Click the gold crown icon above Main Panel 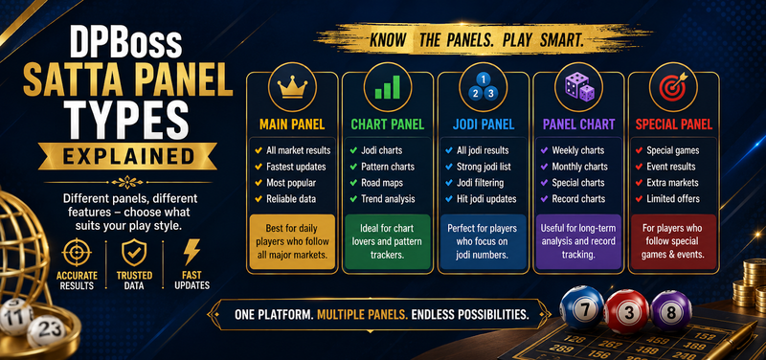pyautogui.click(x=292, y=88)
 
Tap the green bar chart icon pyautogui.click(x=388, y=87)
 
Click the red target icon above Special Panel pyautogui.click(x=675, y=86)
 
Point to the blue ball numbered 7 pyautogui.click(x=581, y=308)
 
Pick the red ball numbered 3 pyautogui.click(x=627, y=310)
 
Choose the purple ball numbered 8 pyautogui.click(x=671, y=310)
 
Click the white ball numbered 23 pyautogui.click(x=46, y=330)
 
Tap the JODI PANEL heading pyautogui.click(x=484, y=124)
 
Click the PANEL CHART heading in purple pyautogui.click(x=579, y=124)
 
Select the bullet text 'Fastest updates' pyautogui.click(x=296, y=167)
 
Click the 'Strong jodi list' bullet pyautogui.click(x=484, y=167)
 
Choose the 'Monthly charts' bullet pyautogui.click(x=580, y=167)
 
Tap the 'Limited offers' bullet pyautogui.click(x=673, y=199)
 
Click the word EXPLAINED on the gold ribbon pyautogui.click(x=127, y=157)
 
